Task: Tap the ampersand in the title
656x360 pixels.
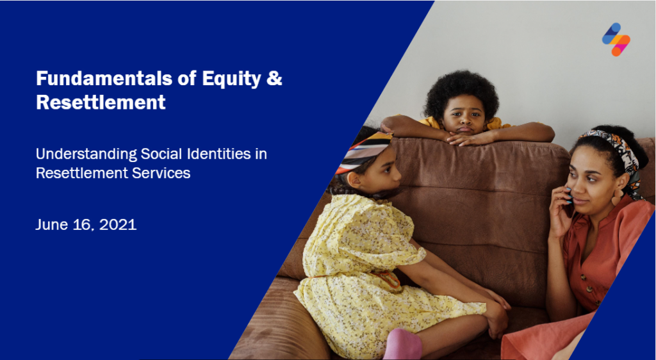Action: pyautogui.click(x=274, y=78)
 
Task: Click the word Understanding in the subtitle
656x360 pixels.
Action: pyautogui.click(x=86, y=155)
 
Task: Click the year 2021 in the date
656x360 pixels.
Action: pyautogui.click(x=118, y=225)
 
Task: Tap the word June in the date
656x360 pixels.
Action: pyautogui.click(x=51, y=225)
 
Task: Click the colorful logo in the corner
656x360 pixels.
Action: pyautogui.click(x=616, y=39)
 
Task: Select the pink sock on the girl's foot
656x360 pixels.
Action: pyautogui.click(x=402, y=345)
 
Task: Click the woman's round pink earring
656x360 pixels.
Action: pyautogui.click(x=617, y=197)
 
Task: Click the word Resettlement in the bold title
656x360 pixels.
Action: pyautogui.click(x=101, y=102)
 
